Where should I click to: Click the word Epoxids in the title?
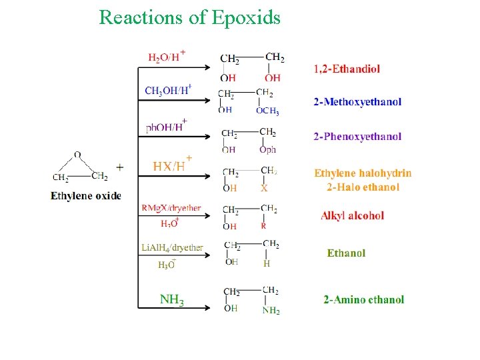click(x=246, y=17)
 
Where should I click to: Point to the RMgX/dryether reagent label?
click(x=171, y=208)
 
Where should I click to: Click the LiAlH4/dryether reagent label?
click(x=172, y=247)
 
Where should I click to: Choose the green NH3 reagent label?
click(x=171, y=299)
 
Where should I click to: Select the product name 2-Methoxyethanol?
click(x=358, y=102)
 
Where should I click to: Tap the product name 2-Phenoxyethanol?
click(x=358, y=137)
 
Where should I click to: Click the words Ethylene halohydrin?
click(x=363, y=173)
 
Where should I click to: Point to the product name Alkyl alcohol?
click(x=353, y=215)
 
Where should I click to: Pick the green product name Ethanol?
click(x=346, y=253)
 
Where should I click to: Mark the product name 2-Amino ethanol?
click(x=364, y=299)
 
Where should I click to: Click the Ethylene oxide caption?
click(x=86, y=196)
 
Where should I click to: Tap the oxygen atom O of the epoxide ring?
click(x=77, y=155)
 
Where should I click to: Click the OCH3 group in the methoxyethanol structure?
click(x=267, y=111)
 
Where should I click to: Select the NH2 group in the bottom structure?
click(x=271, y=310)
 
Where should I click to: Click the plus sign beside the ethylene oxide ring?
click(x=119, y=167)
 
